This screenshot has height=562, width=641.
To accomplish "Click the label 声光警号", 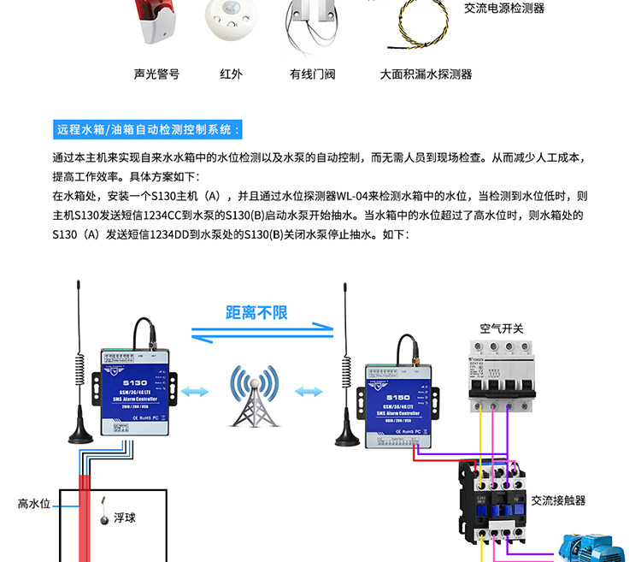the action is [x=156, y=74].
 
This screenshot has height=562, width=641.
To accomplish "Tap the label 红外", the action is [x=231, y=74].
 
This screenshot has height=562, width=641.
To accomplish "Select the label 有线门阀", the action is [x=312, y=74].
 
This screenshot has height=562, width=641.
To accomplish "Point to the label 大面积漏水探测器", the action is [x=426, y=74].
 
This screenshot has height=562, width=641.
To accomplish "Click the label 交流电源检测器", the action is [x=504, y=9].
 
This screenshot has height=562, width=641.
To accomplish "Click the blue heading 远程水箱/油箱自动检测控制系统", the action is [x=148, y=130].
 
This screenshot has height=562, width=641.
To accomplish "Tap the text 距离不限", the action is [x=256, y=312].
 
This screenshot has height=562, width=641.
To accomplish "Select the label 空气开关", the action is [x=502, y=329].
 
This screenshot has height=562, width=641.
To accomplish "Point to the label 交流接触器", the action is [x=558, y=500].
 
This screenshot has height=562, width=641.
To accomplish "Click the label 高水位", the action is [x=34, y=504].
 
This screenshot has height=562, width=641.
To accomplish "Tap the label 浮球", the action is [x=125, y=518].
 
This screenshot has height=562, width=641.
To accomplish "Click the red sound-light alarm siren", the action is [x=156, y=21].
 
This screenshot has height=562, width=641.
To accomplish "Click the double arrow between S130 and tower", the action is [x=194, y=392].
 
